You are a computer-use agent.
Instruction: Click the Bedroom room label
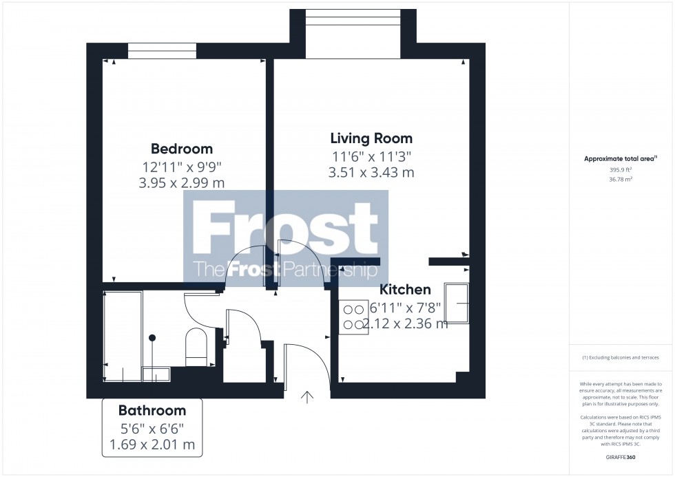(x=182, y=149)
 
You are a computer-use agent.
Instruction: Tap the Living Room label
(x=371, y=138)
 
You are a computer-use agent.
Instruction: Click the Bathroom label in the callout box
(x=152, y=411)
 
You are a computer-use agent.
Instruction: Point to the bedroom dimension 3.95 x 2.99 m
(x=182, y=182)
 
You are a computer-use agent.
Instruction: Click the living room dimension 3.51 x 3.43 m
(x=371, y=173)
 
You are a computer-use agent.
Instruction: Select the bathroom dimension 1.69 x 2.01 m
(x=152, y=445)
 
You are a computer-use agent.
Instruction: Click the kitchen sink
(x=457, y=303)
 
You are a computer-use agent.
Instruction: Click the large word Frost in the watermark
(x=284, y=230)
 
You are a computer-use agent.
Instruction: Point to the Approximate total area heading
(x=621, y=159)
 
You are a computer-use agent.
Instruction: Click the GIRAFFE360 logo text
(x=621, y=457)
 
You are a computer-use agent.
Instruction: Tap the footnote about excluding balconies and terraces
(x=621, y=358)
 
